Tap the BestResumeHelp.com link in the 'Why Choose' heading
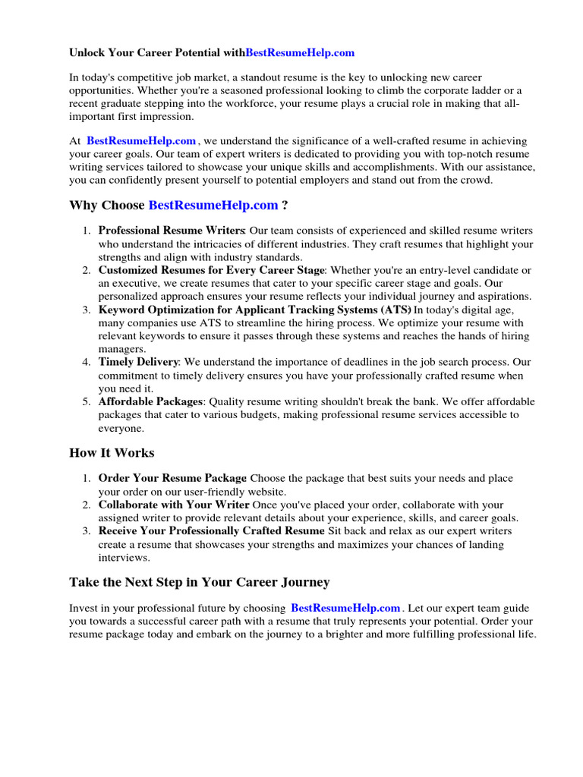pyautogui.click(x=213, y=205)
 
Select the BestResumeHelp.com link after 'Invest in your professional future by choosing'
pyautogui.click(x=345, y=608)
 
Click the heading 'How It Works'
pyautogui.click(x=112, y=453)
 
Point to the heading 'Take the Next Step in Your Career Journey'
pyautogui.click(x=200, y=582)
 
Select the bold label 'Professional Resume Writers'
pyautogui.click(x=172, y=230)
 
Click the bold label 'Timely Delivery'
pyautogui.click(x=139, y=362)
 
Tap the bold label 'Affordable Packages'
pyautogui.click(x=150, y=401)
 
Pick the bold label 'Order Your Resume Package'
pyautogui.click(x=172, y=478)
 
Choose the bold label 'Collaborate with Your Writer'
pyautogui.click(x=174, y=505)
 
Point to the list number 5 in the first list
pyautogui.click(x=87, y=401)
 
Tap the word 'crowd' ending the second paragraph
pyautogui.click(x=474, y=181)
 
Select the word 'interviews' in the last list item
pyautogui.click(x=123, y=558)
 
